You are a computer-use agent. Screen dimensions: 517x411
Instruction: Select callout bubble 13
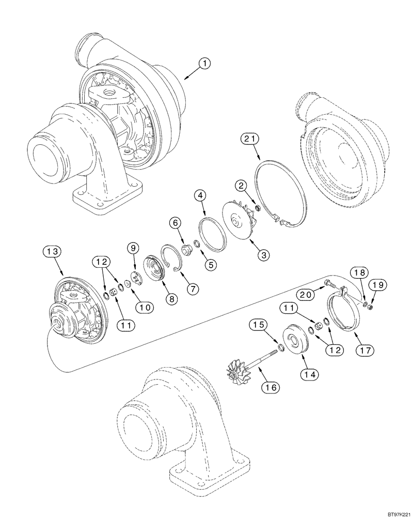(x=53, y=252)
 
